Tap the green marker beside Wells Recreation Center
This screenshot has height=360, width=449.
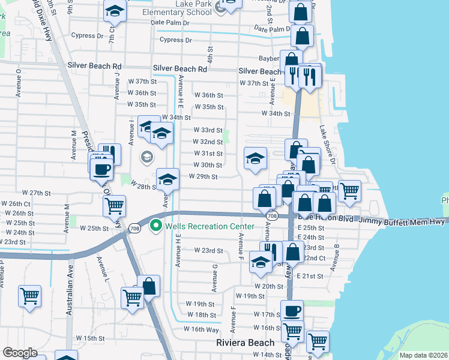pos(156,226)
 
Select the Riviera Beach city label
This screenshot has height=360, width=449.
pos(245,343)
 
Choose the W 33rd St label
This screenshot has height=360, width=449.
pos(208,130)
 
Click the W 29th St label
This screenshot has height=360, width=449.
pos(203,177)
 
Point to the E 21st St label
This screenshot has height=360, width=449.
pos(312,276)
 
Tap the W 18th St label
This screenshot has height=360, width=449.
pos(201,315)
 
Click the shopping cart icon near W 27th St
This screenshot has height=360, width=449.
pos(114,206)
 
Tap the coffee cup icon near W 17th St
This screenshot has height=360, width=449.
pos(292,310)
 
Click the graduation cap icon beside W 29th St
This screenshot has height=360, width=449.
pos(168,178)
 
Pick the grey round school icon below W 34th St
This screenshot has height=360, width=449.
pos(146,158)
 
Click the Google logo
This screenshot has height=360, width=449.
pos(20,353)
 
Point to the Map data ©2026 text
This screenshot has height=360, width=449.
pos(424,355)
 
